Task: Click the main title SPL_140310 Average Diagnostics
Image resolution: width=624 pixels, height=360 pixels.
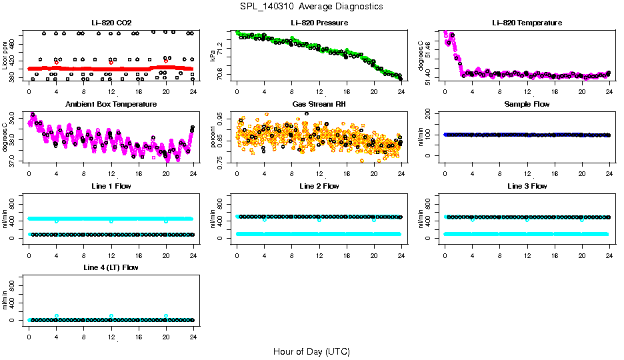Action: point(311,6)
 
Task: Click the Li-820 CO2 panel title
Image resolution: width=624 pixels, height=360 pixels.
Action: point(111,23)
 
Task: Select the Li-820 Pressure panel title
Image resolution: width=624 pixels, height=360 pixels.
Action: point(319,23)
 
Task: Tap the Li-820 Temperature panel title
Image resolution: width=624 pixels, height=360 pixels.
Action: point(527,23)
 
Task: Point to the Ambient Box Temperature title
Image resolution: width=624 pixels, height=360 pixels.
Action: point(111,104)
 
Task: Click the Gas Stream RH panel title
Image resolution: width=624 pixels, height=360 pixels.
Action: point(319,104)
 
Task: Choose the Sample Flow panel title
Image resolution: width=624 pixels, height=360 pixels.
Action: point(527,104)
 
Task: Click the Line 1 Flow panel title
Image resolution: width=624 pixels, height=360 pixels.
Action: point(111,186)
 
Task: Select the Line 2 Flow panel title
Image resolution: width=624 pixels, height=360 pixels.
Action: point(319,186)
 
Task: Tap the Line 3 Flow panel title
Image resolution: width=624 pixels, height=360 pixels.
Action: point(527,186)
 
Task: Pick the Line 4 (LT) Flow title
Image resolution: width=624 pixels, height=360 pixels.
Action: point(111,267)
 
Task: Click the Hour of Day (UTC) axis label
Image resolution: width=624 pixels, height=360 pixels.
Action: point(311,351)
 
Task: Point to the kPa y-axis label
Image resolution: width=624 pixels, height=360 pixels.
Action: point(213,56)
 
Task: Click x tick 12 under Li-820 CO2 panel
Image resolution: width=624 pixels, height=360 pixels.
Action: point(111,92)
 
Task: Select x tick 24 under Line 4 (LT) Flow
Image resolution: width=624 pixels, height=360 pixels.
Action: point(193,337)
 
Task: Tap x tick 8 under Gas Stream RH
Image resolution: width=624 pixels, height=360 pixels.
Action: point(291,173)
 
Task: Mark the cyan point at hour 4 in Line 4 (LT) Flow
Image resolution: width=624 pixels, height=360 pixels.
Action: point(57,316)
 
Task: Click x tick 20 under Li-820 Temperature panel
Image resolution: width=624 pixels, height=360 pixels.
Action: point(582,92)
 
